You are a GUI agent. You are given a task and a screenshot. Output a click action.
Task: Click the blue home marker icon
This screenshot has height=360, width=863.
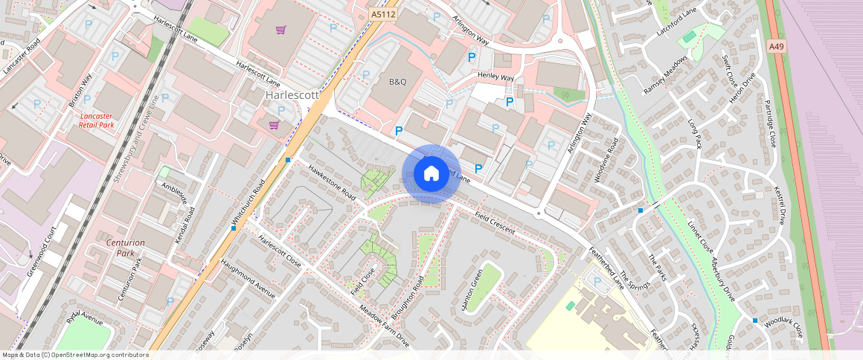coord(431,174)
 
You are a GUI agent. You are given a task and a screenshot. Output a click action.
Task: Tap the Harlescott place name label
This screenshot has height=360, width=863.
coord(292,96)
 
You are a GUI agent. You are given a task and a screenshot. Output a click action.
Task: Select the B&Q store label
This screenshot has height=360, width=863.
coord(398,81)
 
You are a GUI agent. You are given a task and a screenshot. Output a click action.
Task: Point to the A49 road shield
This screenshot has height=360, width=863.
coord(776,46)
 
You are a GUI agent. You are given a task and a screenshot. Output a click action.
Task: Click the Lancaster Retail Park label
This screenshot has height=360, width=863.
coord(96,120)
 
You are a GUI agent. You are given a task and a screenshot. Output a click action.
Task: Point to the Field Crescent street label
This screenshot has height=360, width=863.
coord(495,222)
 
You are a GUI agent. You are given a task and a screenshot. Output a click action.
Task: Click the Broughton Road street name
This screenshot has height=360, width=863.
coord(408,298)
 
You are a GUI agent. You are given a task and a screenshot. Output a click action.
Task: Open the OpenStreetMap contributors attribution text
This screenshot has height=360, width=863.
coord(74,355)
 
